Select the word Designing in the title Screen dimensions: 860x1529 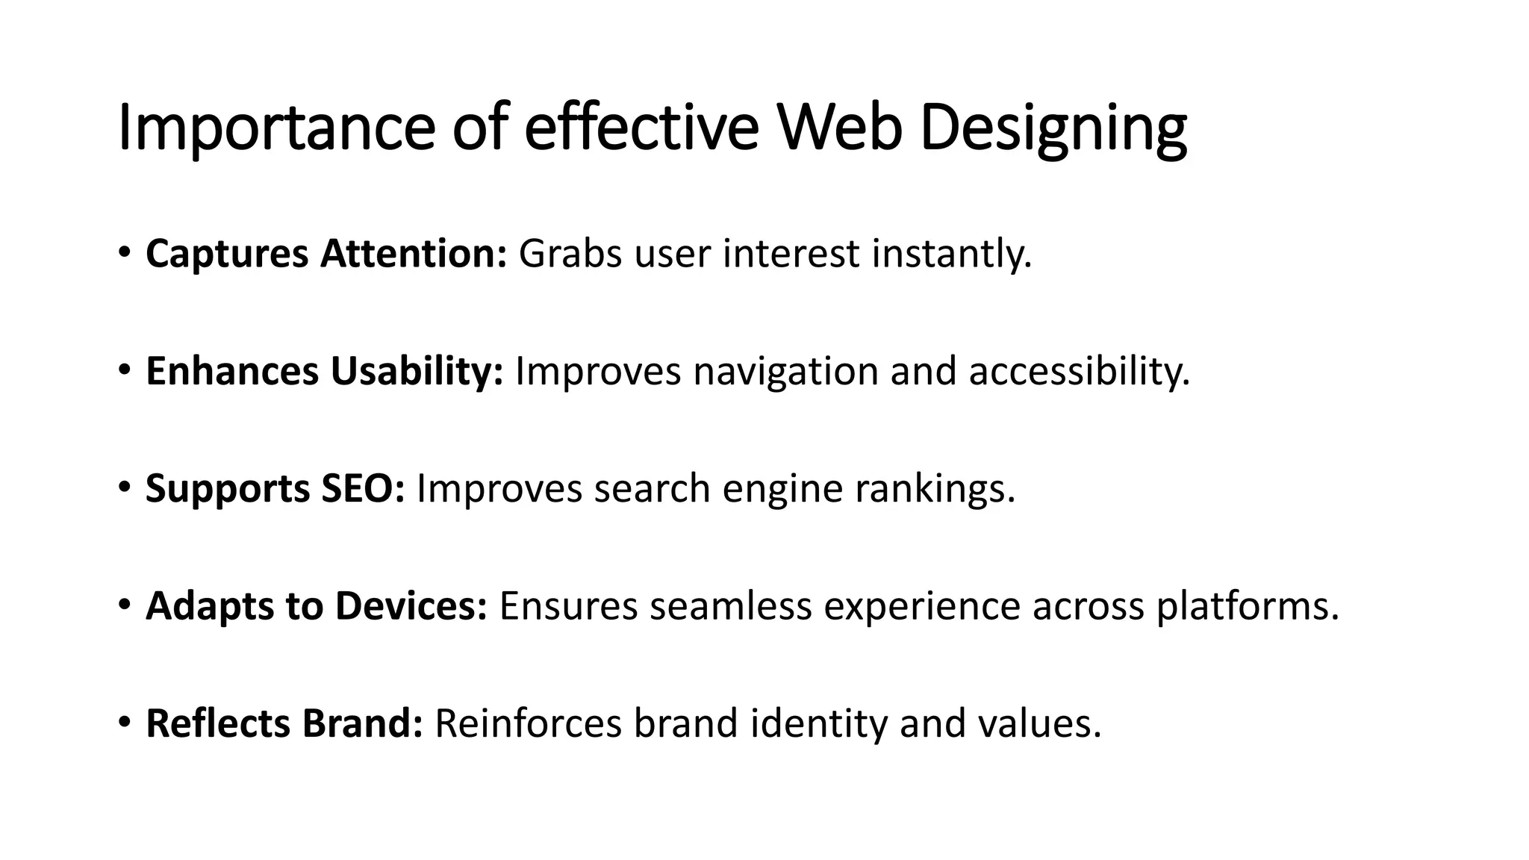(1053, 128)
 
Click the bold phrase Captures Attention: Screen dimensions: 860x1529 (326, 254)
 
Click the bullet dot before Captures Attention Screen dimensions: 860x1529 (124, 251)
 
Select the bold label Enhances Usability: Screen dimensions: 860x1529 (325, 371)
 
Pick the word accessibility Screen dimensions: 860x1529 (1079, 371)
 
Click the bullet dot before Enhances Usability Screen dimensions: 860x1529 (124, 369)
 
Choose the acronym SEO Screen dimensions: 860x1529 (363, 488)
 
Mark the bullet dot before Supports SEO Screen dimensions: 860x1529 (124, 486)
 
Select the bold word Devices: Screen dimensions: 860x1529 (411, 605)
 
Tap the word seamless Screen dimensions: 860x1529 (730, 605)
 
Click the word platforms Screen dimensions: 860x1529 (1248, 605)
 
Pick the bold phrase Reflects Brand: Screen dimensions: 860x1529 (284, 723)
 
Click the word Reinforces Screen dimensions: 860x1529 (528, 723)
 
